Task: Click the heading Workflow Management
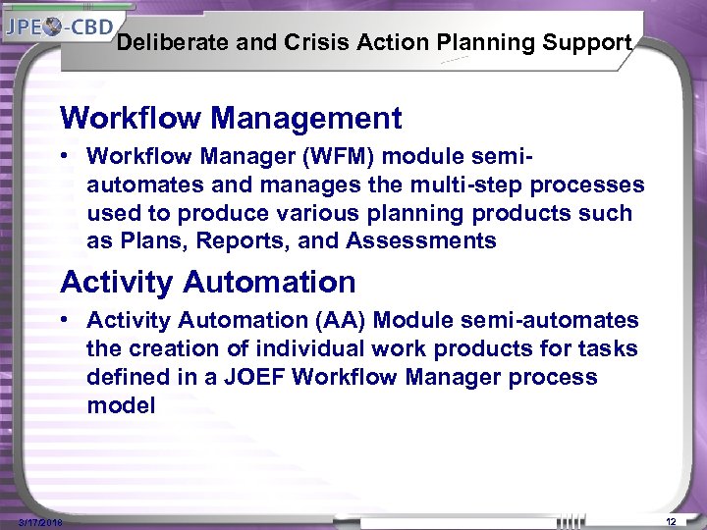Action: click(231, 119)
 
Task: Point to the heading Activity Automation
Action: click(207, 283)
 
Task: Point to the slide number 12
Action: click(671, 521)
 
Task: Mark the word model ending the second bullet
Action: click(121, 406)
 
